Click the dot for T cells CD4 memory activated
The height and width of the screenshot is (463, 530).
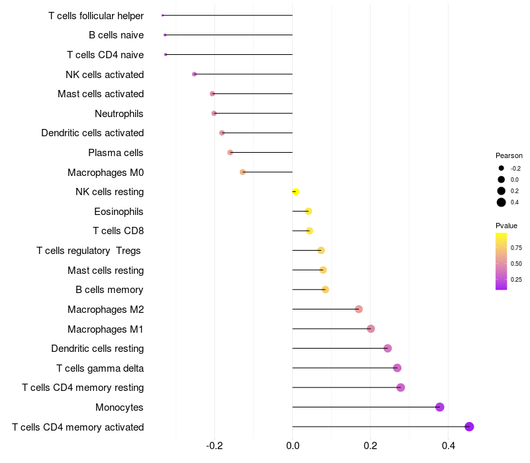pos(469,427)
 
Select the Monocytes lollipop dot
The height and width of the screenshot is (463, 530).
pos(440,407)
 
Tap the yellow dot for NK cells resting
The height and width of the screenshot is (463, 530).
pos(295,192)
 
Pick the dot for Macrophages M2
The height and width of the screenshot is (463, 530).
pos(358,309)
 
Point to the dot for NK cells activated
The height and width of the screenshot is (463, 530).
pos(194,74)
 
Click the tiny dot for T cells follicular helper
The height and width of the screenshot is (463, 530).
pos(162,15)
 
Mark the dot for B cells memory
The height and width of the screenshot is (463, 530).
pos(325,290)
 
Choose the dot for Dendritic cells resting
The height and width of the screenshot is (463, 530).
pos(388,349)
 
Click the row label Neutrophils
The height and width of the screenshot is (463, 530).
pos(119,114)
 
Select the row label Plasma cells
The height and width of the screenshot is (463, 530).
pos(116,153)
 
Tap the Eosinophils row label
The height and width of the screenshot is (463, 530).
pos(119,212)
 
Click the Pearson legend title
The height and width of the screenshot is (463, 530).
pos(509,155)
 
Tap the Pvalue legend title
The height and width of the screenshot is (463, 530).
pos(507,226)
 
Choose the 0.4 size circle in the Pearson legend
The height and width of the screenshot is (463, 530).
pos(502,202)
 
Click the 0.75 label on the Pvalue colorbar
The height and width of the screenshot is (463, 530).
pos(516,248)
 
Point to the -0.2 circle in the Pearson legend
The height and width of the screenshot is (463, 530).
pos(502,168)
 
